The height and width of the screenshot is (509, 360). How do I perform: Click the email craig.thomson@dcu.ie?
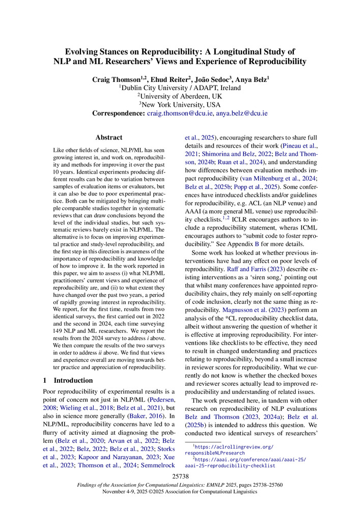pos(178,114)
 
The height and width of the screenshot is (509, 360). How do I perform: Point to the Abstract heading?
pos(109,137)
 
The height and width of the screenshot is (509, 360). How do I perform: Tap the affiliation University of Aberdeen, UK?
pos(180,96)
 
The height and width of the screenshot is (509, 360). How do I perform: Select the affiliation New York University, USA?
pos(180,104)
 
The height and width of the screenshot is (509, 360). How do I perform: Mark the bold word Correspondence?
pos(118,114)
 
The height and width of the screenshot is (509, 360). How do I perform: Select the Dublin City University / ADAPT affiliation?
pos(180,87)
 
